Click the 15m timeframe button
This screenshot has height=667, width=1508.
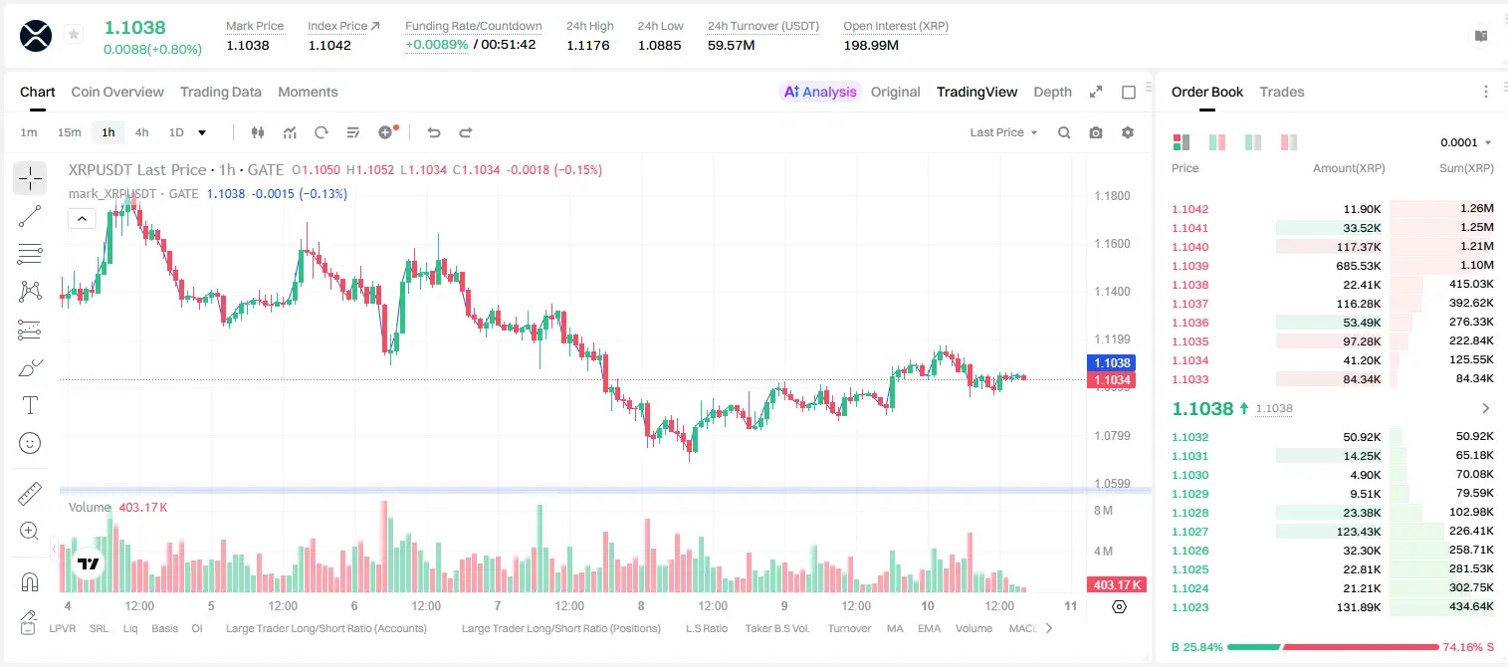point(70,132)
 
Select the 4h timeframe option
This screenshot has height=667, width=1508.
point(141,132)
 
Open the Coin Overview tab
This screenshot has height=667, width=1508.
point(117,93)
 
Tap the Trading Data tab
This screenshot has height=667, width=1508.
point(221,93)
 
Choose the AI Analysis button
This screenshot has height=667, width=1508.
point(820,93)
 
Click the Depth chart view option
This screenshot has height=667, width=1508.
point(1052,93)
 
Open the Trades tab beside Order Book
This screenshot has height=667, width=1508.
point(1282,93)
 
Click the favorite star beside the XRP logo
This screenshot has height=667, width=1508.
point(74,34)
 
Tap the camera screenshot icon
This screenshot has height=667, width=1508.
point(1096,132)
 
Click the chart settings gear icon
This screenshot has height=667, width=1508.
point(1128,132)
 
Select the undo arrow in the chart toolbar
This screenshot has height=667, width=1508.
point(434,132)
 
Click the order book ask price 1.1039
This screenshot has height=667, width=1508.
point(1190,266)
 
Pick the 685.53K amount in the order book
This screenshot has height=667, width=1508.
point(1359,266)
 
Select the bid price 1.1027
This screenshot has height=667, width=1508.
point(1190,532)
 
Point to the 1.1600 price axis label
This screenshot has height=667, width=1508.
point(1112,244)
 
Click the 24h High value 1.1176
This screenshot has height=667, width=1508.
point(587,45)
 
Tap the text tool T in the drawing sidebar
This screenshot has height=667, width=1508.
point(30,405)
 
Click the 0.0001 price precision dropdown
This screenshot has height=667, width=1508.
point(1465,142)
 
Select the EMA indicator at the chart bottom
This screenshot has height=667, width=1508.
point(929,628)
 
